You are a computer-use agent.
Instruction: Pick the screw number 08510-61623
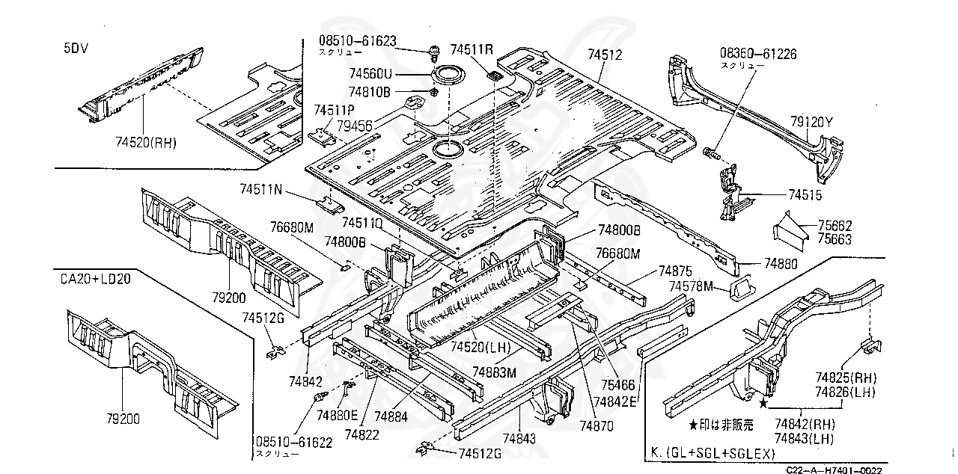click(x=356, y=40)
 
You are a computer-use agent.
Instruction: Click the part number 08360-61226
click(x=757, y=54)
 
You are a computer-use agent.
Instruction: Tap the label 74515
click(x=805, y=194)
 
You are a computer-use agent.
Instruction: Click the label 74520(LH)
click(x=479, y=348)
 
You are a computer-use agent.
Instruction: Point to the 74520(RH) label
click(x=146, y=142)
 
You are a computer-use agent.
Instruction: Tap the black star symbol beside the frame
click(x=763, y=404)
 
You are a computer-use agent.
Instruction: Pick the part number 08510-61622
click(x=293, y=442)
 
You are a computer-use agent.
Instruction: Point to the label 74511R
click(x=472, y=49)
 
